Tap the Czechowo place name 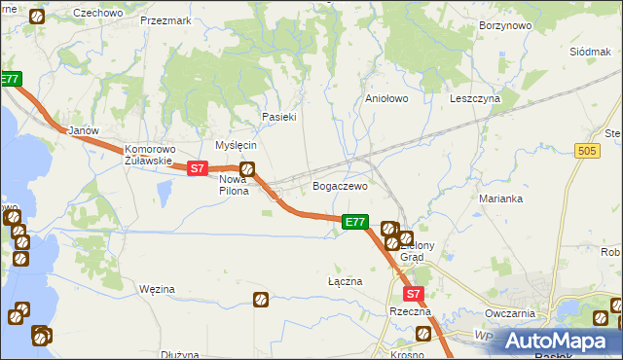(97, 13)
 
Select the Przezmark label (165, 19)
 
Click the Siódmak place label (589, 50)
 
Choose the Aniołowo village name (385, 98)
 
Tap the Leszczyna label (474, 98)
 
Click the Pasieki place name (278, 117)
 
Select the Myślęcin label (236, 145)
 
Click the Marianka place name (501, 198)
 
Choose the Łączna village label (345, 281)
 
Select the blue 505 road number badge (586, 151)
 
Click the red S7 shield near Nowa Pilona (197, 168)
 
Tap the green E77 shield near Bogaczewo (355, 223)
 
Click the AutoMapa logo (561, 341)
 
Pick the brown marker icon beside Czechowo (37, 17)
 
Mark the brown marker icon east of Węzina (261, 300)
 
